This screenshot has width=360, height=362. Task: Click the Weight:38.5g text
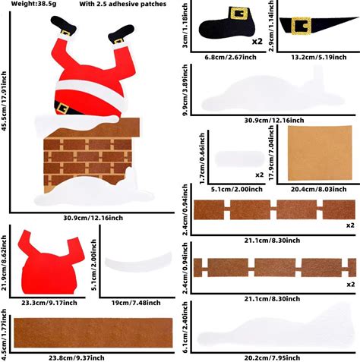click(x=33, y=4)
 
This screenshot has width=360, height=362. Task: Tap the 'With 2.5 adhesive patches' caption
click(x=123, y=4)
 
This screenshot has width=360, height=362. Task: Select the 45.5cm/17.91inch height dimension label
click(x=4, y=101)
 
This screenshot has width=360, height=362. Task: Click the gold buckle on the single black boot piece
click(x=238, y=13)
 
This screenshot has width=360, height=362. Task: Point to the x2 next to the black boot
click(x=257, y=41)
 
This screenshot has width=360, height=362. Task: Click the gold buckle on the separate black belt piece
click(x=301, y=26)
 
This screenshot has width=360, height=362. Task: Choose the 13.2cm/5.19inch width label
click(x=319, y=57)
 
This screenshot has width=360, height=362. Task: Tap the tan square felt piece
click(x=320, y=153)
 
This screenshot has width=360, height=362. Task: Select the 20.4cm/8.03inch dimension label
click(x=318, y=189)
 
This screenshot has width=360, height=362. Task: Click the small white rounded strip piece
click(x=239, y=159)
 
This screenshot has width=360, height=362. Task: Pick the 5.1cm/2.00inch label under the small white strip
click(x=237, y=189)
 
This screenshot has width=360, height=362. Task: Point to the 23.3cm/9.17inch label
click(x=49, y=303)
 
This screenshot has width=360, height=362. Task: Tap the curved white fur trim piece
click(x=138, y=262)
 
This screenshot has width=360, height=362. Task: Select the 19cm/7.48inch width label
click(x=136, y=303)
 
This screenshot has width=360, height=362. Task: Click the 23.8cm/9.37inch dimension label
click(x=77, y=358)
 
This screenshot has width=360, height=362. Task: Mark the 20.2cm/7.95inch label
click(x=272, y=358)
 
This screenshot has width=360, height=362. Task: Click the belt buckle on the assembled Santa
click(x=62, y=109)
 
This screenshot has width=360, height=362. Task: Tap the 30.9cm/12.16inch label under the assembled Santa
click(x=93, y=218)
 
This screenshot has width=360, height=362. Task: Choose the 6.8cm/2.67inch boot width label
click(x=230, y=57)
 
